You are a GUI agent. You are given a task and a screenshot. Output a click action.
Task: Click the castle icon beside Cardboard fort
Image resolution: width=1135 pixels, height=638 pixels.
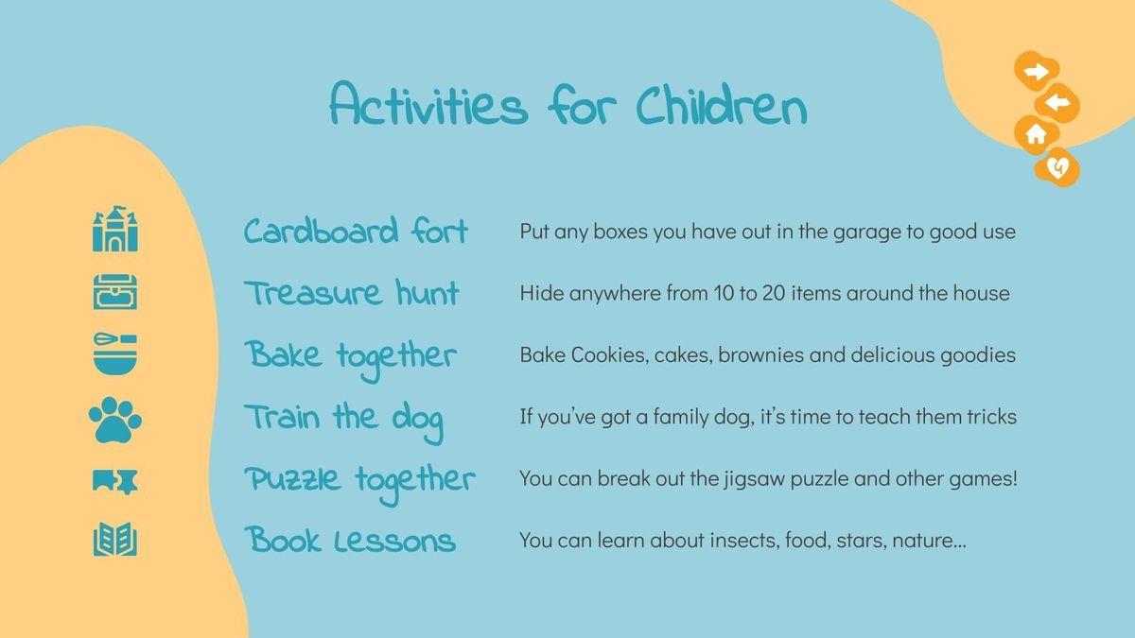[x=115, y=229]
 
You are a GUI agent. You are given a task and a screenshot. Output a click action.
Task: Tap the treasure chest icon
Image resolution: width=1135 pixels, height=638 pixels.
[x=115, y=292]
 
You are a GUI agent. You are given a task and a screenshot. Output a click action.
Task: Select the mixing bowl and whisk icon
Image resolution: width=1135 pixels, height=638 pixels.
[x=115, y=353]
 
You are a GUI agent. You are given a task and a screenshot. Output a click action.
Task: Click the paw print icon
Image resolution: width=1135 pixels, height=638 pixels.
[x=115, y=420]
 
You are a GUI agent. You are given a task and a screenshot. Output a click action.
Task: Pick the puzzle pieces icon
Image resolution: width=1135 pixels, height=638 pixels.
[x=115, y=480]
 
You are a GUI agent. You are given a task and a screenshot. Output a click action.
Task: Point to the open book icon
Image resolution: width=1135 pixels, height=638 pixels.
[x=115, y=540]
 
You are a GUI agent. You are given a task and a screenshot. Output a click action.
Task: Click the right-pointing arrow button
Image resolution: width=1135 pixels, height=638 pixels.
[x=1037, y=72]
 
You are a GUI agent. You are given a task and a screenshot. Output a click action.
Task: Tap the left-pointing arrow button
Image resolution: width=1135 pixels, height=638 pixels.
[x=1057, y=103]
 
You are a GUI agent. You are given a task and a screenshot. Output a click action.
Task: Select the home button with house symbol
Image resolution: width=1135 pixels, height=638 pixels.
[x=1037, y=134]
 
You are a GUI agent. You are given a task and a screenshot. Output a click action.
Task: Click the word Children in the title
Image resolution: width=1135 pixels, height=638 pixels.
[x=722, y=106]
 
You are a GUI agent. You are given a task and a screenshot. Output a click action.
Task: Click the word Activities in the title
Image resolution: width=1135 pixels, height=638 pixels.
[x=428, y=103]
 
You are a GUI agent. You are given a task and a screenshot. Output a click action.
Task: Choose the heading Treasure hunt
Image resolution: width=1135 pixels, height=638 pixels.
[x=352, y=293]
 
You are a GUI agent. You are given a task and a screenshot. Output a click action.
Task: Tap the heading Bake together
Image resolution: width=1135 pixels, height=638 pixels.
[x=351, y=357]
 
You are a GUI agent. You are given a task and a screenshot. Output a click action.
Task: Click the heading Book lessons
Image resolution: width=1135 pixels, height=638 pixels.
[x=350, y=540]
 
